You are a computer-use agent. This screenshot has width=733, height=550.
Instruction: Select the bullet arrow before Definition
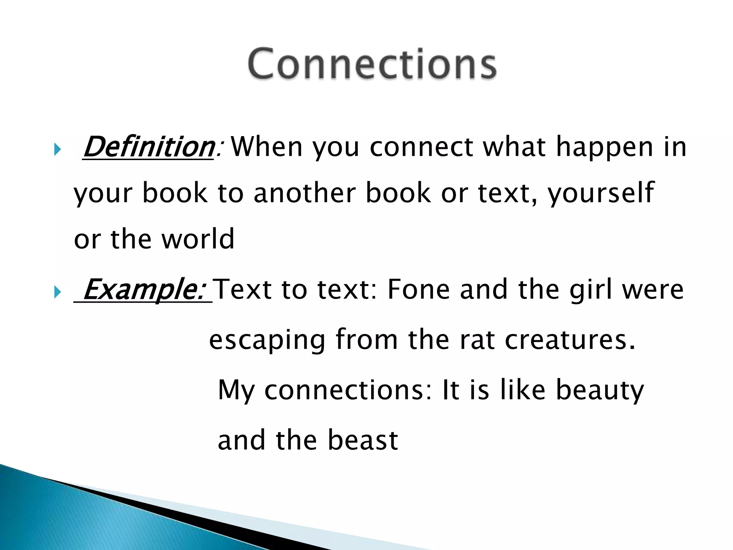point(57,149)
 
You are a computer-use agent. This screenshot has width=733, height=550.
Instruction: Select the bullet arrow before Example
point(57,292)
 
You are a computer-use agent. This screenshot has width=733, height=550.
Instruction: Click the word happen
point(605,148)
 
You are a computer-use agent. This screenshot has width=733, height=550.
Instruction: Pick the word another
point(305,193)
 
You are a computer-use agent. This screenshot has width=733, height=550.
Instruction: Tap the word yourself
point(601,193)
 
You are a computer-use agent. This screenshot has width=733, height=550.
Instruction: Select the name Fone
point(418,289)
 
